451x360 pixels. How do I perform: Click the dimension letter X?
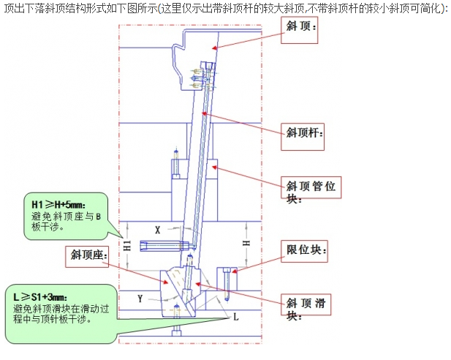point(156,229)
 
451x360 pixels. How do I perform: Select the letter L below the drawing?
point(235,319)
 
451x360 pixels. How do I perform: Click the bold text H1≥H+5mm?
point(58,203)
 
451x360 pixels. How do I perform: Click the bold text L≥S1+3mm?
point(41,296)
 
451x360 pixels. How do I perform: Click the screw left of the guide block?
point(176,165)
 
